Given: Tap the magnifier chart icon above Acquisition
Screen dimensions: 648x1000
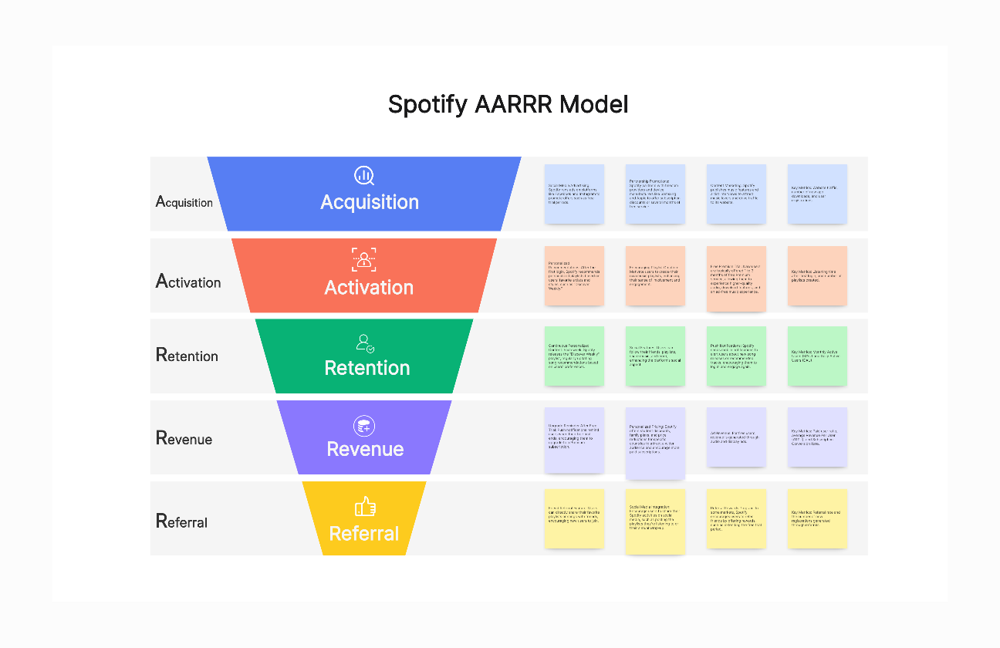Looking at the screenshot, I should pos(364,176).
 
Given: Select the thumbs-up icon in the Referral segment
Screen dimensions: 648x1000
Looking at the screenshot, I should pos(365,506).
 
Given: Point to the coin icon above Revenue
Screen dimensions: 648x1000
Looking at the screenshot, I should pos(364,425).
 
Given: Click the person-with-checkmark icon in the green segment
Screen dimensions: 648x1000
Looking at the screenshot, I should pos(365,343).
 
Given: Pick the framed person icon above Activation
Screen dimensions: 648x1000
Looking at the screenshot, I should pos(364,259).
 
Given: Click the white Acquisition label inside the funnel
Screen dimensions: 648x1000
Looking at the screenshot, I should pos(370,202).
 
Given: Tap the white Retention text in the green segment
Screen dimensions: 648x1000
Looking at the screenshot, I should pos(367,368).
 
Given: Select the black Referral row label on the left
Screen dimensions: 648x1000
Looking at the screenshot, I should pos(182,521).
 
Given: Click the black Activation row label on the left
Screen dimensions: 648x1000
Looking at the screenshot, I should pos(188,282).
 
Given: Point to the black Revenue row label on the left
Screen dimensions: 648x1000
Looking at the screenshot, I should pos(184,438).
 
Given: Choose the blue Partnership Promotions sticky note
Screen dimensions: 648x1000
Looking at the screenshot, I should pos(655,194).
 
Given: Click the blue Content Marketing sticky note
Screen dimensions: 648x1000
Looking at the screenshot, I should pos(736,194).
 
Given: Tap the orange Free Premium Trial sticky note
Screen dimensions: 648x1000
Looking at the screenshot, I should pos(736,278).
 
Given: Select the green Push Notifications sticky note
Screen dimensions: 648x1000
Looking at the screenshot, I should pos(736,356).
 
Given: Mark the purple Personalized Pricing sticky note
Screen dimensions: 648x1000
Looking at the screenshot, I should pos(655,443).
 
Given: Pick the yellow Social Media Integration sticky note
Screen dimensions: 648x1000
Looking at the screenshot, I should pos(655,521).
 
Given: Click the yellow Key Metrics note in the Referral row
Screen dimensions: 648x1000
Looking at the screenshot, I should pos(817,518).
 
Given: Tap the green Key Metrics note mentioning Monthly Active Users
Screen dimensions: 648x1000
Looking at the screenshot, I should pos(817,356).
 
